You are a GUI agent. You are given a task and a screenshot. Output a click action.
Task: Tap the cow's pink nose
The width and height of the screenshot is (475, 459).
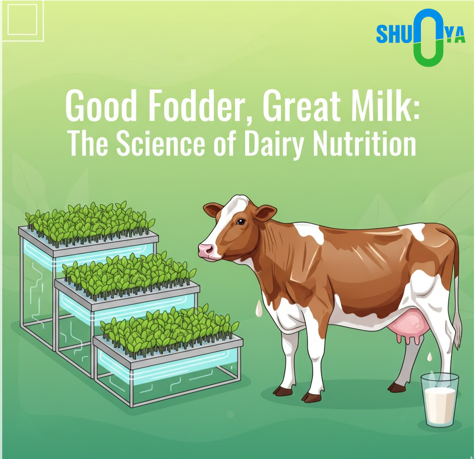click(x=207, y=250)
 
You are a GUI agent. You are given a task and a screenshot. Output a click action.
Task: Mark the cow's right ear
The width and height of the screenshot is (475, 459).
click(x=266, y=212)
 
